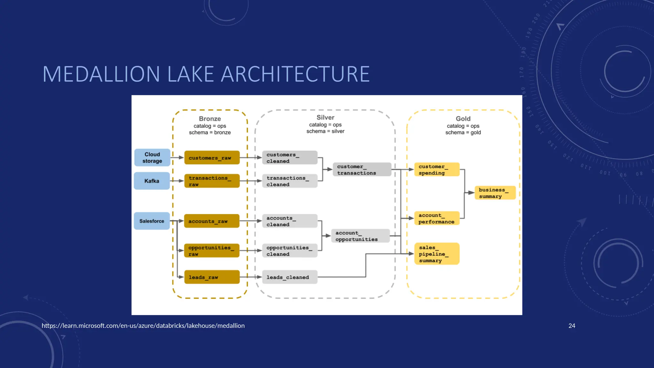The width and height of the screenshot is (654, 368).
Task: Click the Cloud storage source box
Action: (152, 157)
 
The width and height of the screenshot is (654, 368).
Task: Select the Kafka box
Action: (152, 181)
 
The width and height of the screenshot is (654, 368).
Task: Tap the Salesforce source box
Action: (152, 221)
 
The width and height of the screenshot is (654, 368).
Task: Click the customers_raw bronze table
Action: (212, 158)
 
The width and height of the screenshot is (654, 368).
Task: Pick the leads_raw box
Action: (212, 277)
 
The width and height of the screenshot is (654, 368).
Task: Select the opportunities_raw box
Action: (212, 251)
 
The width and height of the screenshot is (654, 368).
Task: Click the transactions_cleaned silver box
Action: (290, 181)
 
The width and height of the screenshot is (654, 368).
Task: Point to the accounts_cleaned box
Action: (290, 221)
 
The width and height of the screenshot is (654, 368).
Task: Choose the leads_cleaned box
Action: (290, 277)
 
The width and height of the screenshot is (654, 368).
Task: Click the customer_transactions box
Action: (362, 170)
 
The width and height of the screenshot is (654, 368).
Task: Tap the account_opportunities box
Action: (361, 236)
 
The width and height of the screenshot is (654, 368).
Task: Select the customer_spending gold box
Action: (437, 170)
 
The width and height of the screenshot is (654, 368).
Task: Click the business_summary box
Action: (495, 193)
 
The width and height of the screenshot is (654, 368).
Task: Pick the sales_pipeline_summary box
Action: (437, 254)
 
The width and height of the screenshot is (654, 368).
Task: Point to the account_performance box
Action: (437, 218)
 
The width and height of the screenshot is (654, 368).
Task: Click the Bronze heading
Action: (210, 119)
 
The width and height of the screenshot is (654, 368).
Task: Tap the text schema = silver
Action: (325, 131)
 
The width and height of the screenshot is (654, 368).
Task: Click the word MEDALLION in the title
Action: (101, 74)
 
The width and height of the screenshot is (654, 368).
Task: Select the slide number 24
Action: (572, 326)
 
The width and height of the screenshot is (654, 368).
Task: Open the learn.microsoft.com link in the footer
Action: (143, 326)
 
